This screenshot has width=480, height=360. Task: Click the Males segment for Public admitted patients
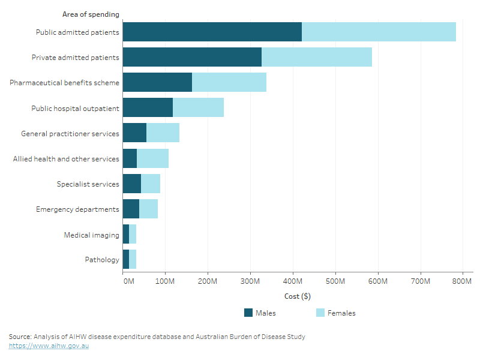[212, 32]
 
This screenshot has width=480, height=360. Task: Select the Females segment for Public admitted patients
[379, 32]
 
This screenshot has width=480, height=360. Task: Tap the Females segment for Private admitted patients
[317, 57]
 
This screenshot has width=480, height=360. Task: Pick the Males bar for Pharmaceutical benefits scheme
[157, 82]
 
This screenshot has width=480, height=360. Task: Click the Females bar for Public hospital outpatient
[198, 108]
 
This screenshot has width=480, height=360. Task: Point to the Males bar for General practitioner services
[134, 133]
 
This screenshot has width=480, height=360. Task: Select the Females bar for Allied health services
[152, 158]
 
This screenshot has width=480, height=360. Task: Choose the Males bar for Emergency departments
[131, 209]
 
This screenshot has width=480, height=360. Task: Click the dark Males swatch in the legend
[248, 313]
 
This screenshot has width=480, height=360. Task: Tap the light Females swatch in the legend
[320, 313]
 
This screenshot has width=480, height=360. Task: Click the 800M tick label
[463, 281]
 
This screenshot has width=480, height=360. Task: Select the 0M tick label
[128, 281]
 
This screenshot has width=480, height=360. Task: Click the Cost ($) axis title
[297, 296]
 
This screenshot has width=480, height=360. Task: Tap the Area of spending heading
[91, 14]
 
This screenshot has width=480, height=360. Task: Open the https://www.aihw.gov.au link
[49, 346]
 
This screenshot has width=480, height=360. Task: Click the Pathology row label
[102, 260]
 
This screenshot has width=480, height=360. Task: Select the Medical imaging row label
[92, 235]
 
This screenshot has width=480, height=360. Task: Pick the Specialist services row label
[88, 184]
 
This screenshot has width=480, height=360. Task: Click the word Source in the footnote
[20, 337]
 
